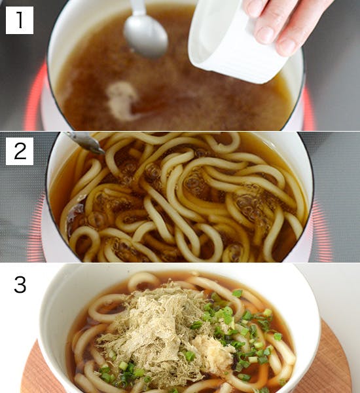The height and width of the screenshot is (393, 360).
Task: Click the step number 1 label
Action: point(20,20)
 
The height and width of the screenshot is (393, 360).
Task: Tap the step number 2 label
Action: point(20,151)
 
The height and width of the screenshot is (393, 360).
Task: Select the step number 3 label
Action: point(20,285)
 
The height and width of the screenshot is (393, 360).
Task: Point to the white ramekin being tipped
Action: point(233,43)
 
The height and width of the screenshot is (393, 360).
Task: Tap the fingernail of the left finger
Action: point(265,35)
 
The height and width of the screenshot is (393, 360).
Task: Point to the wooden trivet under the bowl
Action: point(326,364)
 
